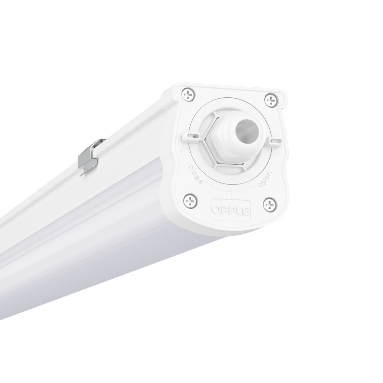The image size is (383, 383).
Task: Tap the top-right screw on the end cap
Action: [x=271, y=100]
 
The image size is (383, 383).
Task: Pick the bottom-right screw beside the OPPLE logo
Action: [x=270, y=203]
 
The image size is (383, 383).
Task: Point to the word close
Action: [x=196, y=174]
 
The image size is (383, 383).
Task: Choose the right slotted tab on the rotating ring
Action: [x=274, y=142]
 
